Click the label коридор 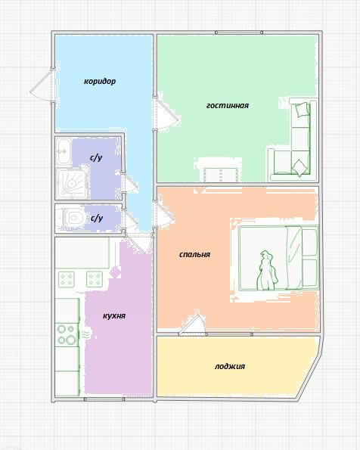click(100, 82)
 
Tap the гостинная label click(228, 106)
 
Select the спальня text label click(194, 255)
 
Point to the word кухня click(114, 316)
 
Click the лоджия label click(230, 367)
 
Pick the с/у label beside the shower click(96, 158)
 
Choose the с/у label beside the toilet click(97, 219)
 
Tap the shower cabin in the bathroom click(72, 184)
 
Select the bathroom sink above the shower click(64, 151)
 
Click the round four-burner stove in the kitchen click(67, 335)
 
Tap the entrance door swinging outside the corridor click(42, 85)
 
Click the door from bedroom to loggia click(193, 325)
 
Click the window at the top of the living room click(239, 33)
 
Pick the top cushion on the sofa click(302, 110)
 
